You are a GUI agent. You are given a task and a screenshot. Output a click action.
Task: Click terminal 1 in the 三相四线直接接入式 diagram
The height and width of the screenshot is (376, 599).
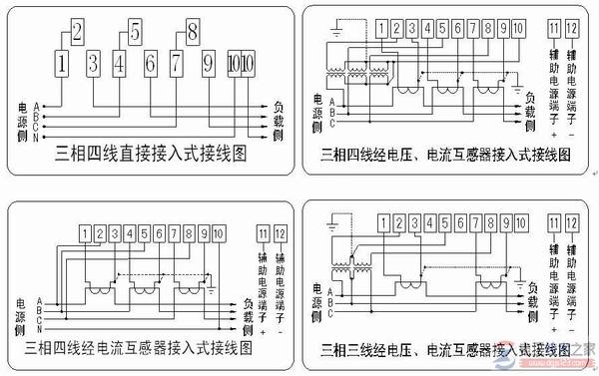[x=62, y=66]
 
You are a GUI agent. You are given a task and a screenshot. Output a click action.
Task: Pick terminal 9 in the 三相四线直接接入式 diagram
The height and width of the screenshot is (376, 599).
[x=208, y=66]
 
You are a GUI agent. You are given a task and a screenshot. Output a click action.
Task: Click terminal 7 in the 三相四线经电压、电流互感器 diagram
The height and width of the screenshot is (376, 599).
[x=472, y=28]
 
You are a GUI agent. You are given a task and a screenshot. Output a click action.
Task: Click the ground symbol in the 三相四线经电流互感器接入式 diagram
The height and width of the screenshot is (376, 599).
[x=212, y=290]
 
